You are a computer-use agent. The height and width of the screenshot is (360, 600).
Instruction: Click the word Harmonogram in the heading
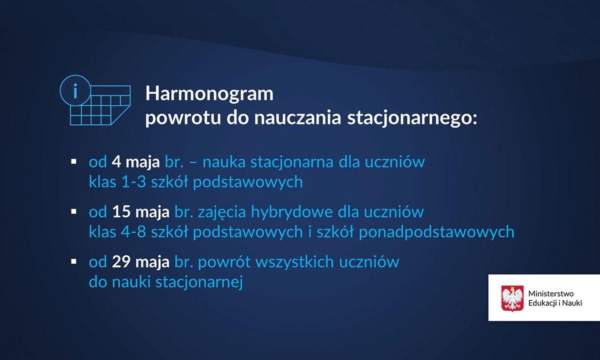pos(209,94)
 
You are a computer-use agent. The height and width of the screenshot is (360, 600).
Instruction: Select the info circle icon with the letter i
pos(75,90)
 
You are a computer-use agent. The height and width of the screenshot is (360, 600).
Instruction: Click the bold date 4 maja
pos(135,162)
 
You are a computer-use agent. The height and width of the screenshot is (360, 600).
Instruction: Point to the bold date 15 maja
pos(140,212)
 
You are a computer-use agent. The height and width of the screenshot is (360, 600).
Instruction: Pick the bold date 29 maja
pos(140,261)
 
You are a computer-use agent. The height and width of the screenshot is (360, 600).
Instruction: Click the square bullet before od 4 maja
pos(73,161)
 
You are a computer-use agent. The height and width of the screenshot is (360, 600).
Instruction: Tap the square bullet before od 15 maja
pos(73,211)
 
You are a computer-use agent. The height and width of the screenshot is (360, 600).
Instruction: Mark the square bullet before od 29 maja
pos(73,261)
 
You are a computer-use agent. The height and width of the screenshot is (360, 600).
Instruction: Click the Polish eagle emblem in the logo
pos(512,298)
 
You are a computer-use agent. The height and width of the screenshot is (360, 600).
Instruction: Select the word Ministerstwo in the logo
pos(551,293)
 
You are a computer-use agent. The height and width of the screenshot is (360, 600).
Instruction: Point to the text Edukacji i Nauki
pos(555,303)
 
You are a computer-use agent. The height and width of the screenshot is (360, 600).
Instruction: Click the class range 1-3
pos(133,182)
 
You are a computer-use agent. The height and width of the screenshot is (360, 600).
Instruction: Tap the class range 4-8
pos(133,231)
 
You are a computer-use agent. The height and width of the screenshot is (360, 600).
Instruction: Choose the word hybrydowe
pos(292,212)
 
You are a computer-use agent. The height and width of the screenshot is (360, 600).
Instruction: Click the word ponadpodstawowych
pos(436,232)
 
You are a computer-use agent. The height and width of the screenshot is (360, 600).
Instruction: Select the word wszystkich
pos(294,261)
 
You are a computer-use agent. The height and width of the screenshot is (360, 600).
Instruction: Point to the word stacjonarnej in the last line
pos(199,282)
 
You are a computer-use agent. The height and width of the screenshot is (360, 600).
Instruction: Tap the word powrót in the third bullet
pos(224,262)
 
